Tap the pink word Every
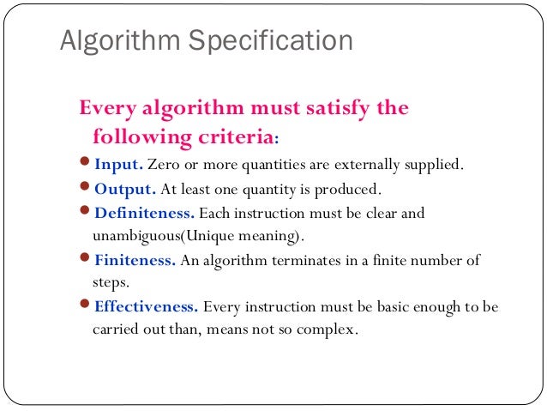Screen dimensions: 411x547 click(x=107, y=110)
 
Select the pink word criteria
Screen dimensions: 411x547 click(x=243, y=136)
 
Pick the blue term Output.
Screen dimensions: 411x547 click(x=125, y=190)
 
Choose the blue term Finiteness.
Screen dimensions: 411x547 click(x=135, y=261)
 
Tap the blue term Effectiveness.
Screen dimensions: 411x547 click(x=147, y=307)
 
